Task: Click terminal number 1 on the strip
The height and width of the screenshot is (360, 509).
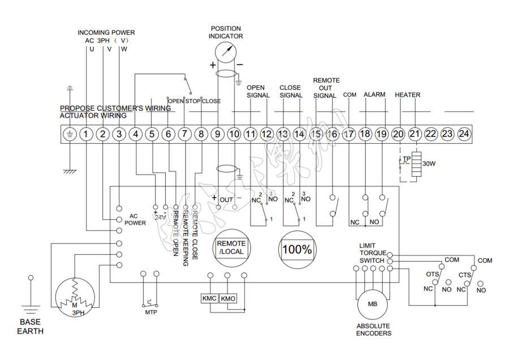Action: point(85,134)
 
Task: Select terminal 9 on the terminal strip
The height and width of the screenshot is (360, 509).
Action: point(218,134)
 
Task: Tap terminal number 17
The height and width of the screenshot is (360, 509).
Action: point(349,134)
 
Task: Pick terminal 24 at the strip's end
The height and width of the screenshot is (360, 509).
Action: point(464,134)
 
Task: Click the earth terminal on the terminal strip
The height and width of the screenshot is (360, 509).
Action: point(69,134)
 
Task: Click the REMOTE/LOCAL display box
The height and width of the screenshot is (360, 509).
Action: point(231,248)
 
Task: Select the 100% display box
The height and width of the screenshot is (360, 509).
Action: point(297,248)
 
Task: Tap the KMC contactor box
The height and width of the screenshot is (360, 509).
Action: point(210,298)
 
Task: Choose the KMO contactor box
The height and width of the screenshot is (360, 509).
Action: point(228,298)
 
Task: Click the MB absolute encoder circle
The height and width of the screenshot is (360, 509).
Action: point(372,304)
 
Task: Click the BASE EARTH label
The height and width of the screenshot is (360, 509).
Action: point(30,327)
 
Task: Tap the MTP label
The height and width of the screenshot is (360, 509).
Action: point(151,312)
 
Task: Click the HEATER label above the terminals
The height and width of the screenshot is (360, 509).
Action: point(407,95)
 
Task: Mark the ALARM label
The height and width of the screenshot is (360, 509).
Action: point(374,95)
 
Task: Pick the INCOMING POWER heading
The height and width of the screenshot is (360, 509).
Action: point(106,32)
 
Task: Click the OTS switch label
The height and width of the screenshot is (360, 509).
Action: point(433,275)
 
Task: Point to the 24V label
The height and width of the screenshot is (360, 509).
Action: point(160,217)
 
